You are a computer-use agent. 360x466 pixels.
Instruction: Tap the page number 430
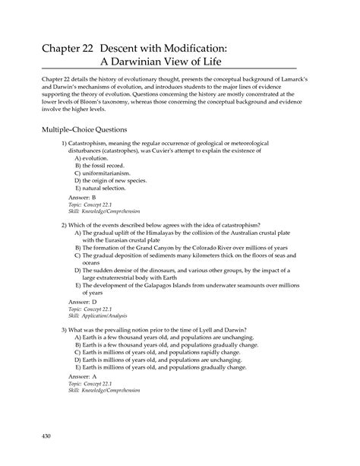(47, 436)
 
